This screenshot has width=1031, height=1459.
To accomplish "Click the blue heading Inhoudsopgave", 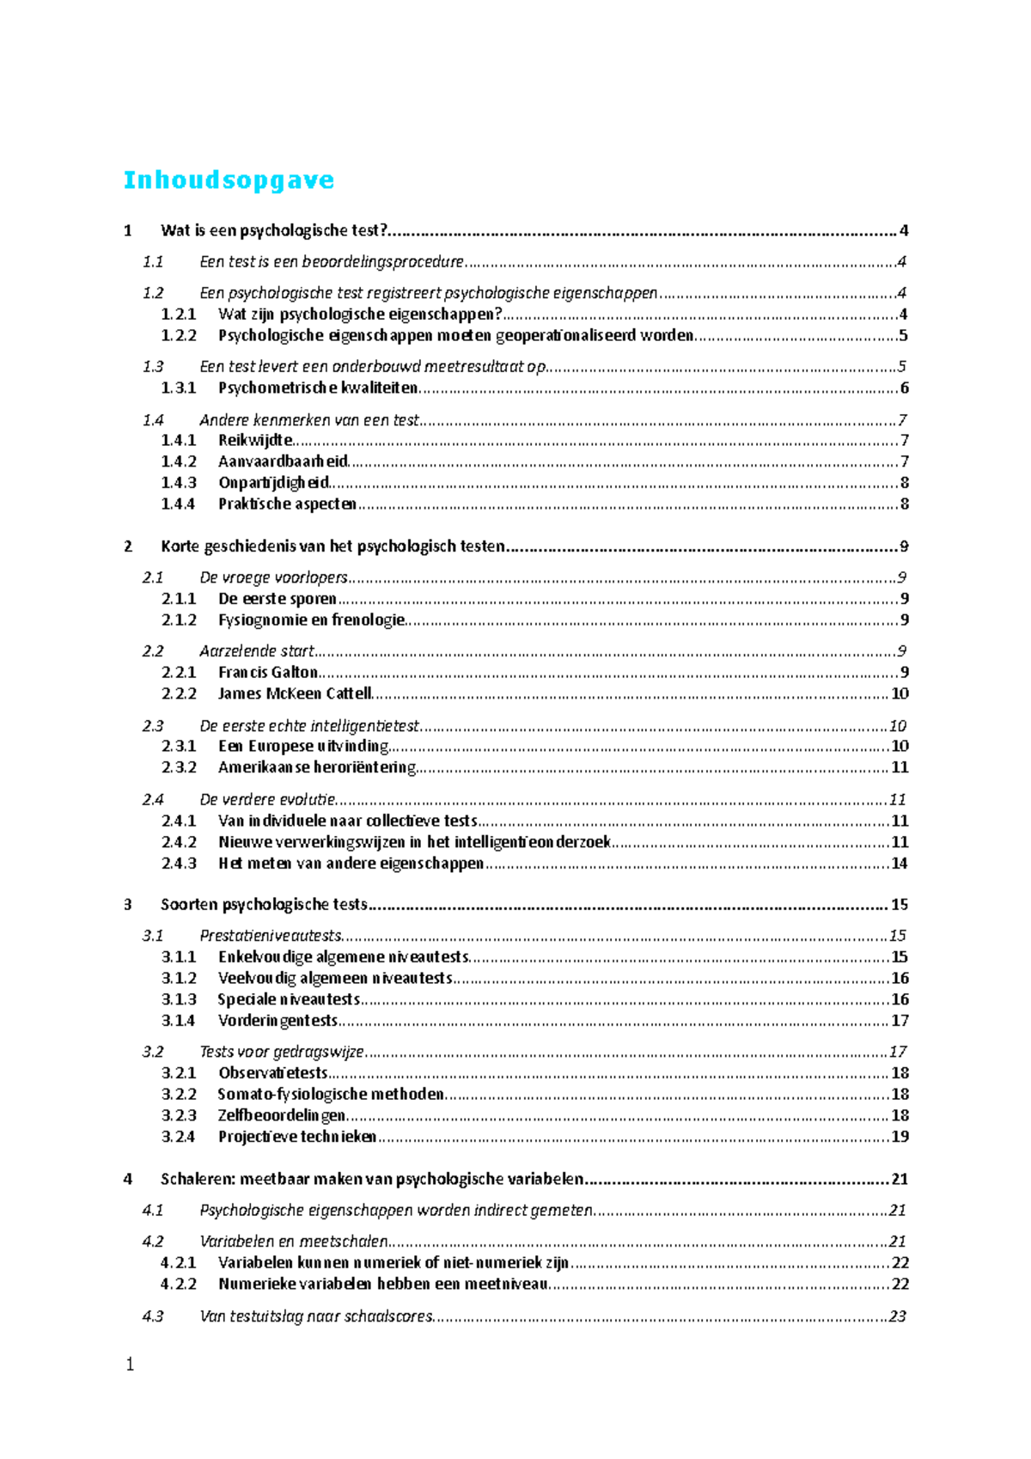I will click(229, 180).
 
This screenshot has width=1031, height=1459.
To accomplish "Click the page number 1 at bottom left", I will click(130, 1364).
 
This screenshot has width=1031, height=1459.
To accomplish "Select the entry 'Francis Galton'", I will click(268, 673).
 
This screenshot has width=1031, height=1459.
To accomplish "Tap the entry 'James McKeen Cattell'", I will click(295, 693).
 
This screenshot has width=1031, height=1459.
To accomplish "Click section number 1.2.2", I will click(179, 336).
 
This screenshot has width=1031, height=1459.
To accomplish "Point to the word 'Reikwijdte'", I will click(255, 441).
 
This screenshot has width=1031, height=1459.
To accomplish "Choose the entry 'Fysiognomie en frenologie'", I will click(311, 620).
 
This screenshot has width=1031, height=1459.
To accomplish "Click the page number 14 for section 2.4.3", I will click(899, 864).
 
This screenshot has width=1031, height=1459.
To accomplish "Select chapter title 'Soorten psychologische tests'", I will click(264, 905).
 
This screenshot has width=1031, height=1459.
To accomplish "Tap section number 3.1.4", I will click(179, 1021).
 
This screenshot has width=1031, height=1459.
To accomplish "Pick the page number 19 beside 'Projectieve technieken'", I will click(900, 1137).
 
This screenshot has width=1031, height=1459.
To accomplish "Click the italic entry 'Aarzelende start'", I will click(257, 651).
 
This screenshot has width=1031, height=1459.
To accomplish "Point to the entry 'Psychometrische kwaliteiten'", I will click(318, 388).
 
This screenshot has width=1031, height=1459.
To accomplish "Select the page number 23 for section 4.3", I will click(898, 1316).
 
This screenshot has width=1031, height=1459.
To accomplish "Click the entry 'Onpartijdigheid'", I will click(273, 483).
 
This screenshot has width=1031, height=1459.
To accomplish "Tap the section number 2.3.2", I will click(179, 767).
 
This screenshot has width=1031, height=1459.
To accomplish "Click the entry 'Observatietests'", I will click(273, 1073).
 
